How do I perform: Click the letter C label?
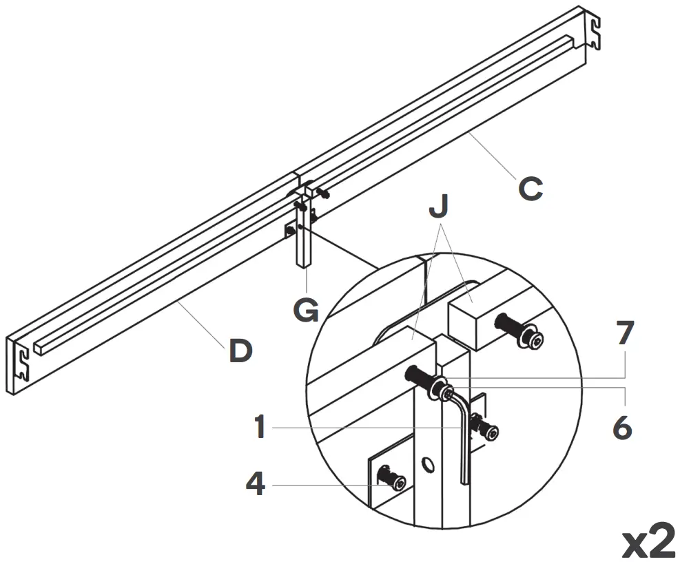tap(530, 189)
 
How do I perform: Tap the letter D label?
tap(239, 351)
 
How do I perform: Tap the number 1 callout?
tap(259, 427)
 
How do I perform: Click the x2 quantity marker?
tap(648, 542)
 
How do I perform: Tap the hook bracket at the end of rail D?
tap(20, 364)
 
